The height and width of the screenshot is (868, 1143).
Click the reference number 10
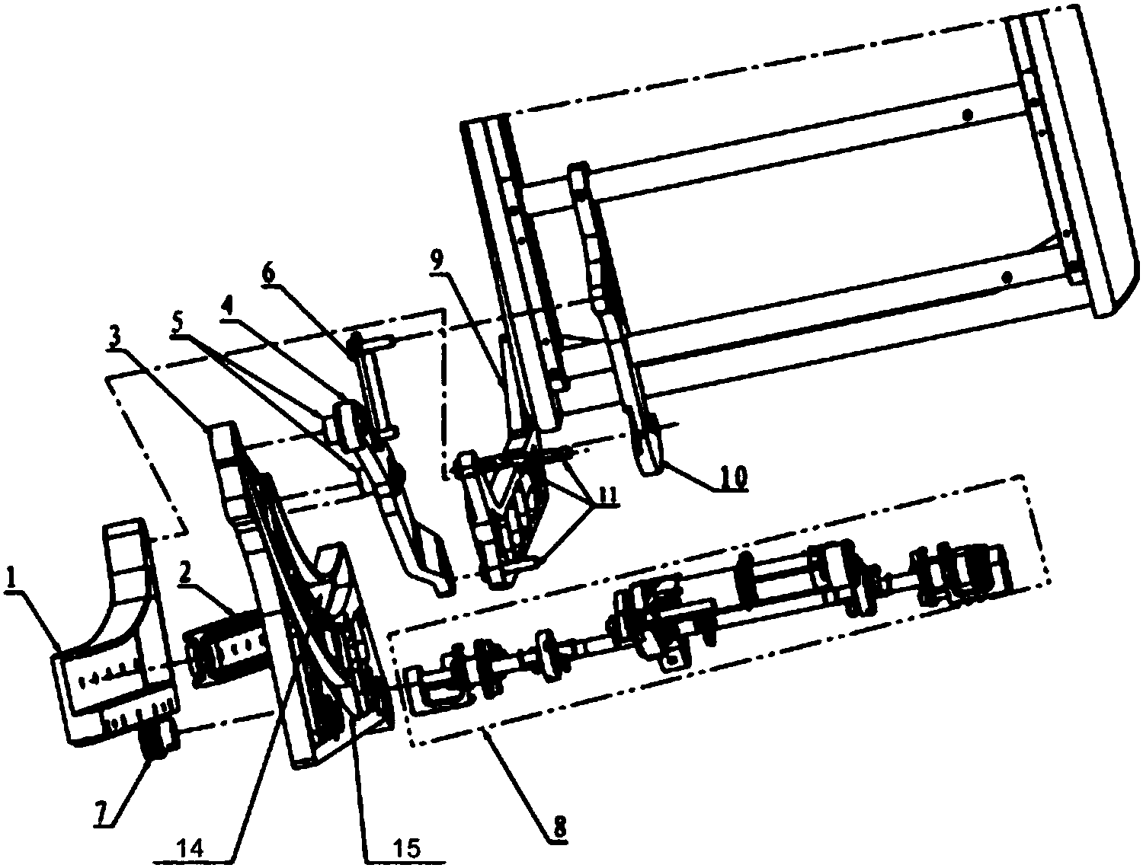[734, 476]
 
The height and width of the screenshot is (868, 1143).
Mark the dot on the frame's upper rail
[967, 115]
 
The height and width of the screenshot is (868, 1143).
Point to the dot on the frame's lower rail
[1007, 276]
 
